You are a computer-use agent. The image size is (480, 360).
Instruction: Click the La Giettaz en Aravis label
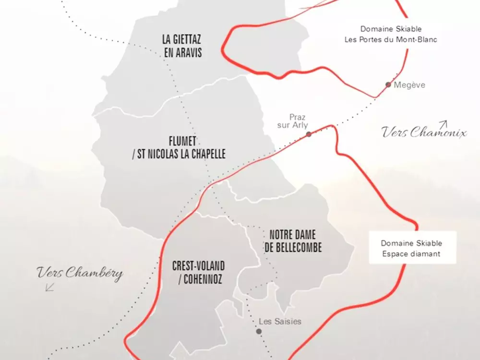182,46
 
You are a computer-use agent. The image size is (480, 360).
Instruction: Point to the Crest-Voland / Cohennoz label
198,272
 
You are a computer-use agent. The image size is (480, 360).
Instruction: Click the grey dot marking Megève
388,85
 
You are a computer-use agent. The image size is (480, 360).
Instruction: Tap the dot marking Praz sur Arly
309,134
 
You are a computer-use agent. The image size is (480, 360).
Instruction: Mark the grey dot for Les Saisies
259,331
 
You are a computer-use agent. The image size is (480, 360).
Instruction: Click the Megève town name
409,85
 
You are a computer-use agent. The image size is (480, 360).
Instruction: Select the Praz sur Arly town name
298,121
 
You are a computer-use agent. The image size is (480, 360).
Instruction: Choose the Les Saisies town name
280,321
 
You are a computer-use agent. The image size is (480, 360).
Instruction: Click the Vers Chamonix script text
424,132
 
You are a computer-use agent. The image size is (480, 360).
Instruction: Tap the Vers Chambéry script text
80,274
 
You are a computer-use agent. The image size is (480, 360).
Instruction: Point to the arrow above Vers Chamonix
443,124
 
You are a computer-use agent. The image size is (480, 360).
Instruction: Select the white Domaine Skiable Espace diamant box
411,248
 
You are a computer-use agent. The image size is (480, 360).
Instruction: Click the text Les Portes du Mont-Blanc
391,40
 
